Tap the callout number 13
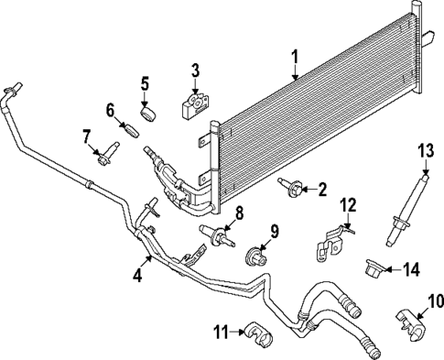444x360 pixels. (424, 150)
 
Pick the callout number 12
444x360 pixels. (346, 204)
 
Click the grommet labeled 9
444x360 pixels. (257, 253)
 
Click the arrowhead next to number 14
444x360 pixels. (388, 269)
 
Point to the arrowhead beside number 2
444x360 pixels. (306, 190)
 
